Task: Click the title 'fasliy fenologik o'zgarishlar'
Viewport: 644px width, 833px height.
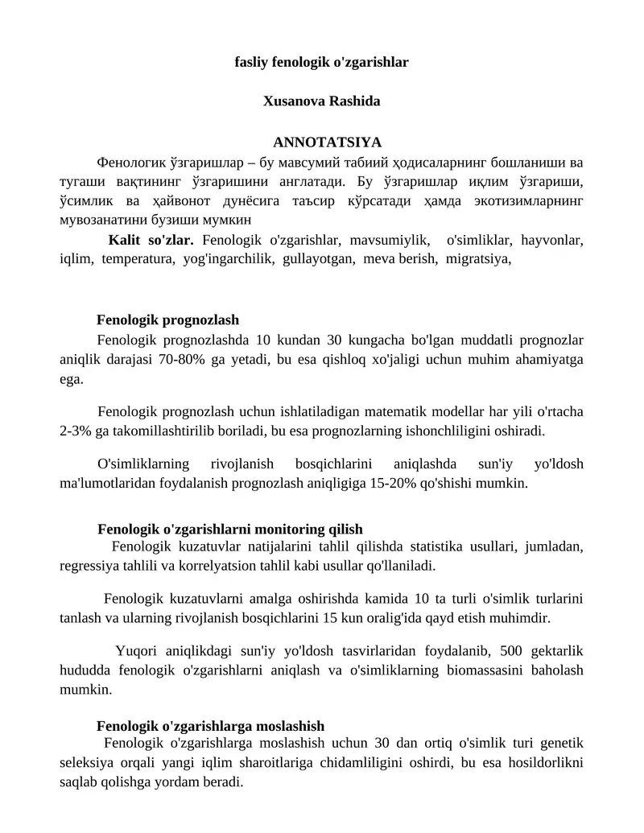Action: [x=321, y=61]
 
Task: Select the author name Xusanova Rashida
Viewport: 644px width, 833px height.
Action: [x=321, y=101]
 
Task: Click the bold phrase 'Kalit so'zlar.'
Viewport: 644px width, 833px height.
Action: [x=151, y=240]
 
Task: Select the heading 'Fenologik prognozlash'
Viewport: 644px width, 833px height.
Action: [x=167, y=320]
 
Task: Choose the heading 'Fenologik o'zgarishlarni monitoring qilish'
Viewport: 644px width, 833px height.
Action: [x=230, y=529]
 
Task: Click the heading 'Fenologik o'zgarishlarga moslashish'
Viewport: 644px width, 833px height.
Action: [x=210, y=725]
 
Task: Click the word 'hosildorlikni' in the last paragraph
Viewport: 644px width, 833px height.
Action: [x=544, y=761]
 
